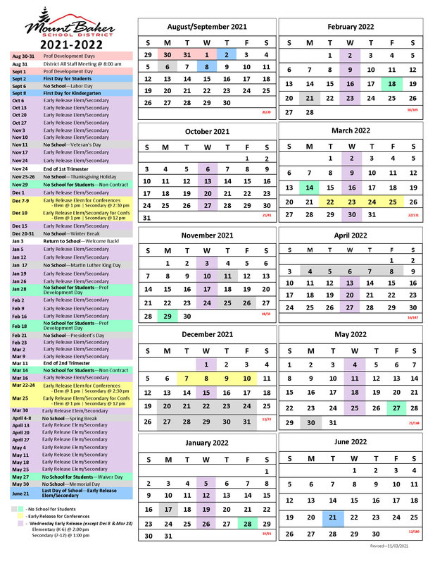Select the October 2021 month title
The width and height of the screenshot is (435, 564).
coord(207,131)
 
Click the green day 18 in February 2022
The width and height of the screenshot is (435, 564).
coord(392,83)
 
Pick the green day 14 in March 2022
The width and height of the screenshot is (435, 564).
coord(309,188)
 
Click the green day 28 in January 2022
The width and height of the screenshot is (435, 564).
coord(248,524)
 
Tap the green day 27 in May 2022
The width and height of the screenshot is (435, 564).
coord(396,408)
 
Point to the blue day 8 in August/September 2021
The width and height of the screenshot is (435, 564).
coord(207,67)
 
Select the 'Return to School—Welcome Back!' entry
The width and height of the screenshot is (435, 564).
coord(77,241)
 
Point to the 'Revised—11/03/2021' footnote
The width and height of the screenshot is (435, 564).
coord(393,546)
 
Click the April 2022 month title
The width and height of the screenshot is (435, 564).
coord(351,235)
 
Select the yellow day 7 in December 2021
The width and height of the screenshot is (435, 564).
coord(187,378)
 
